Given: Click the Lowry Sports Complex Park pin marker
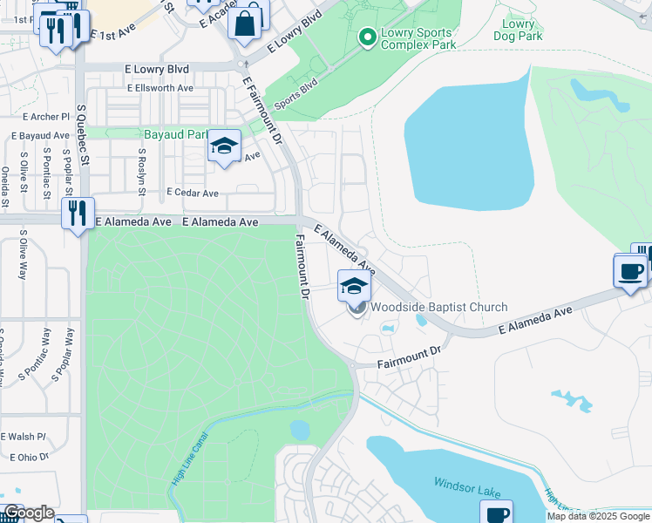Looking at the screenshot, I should pos(367,37).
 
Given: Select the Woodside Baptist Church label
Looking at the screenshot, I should pos(438,307).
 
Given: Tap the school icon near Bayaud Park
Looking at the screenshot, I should pos(224,146).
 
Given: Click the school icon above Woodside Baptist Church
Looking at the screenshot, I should pos(354,286).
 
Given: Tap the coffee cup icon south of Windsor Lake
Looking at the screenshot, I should pos(496,513).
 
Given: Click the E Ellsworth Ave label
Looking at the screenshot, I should pos(160,88).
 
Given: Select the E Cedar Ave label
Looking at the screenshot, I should pos(193,193).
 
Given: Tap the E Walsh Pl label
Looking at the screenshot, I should pos(23,437).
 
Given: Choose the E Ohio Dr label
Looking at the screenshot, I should pos(31,457).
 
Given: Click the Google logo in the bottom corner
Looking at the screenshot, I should pos(29,513).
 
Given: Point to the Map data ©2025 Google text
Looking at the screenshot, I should pos(597,516).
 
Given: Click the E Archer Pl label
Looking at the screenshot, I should pos(46,117).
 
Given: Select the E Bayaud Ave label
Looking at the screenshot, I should pos(40,136).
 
